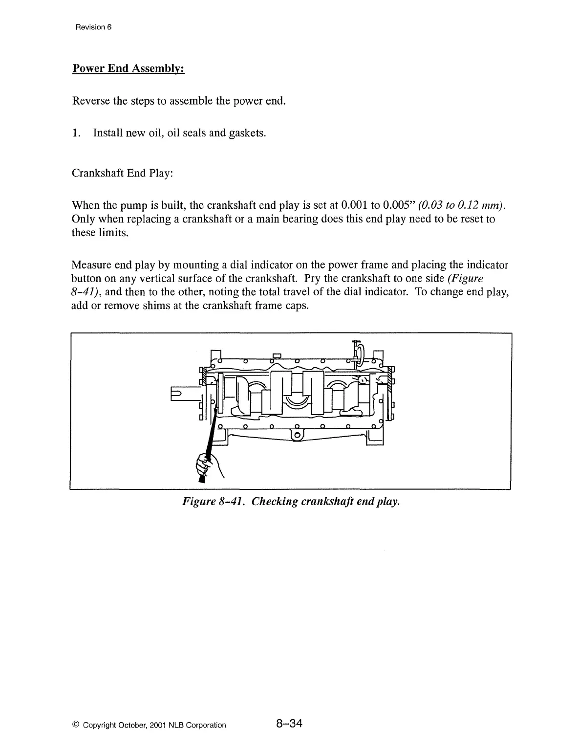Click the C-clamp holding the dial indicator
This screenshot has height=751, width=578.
[x=359, y=353]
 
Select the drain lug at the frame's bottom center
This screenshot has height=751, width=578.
[x=297, y=435]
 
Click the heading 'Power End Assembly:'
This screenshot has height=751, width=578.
[x=128, y=68]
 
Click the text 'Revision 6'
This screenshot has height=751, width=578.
[x=94, y=27]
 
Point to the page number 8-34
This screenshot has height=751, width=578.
[x=289, y=724]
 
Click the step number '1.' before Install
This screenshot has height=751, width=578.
[x=76, y=133]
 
